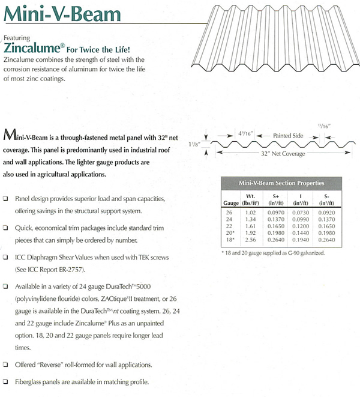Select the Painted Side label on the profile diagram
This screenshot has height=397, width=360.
[289, 136]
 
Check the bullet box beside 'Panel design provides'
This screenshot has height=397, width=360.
[6, 199]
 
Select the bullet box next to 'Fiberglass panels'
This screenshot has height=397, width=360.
[6, 381]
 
